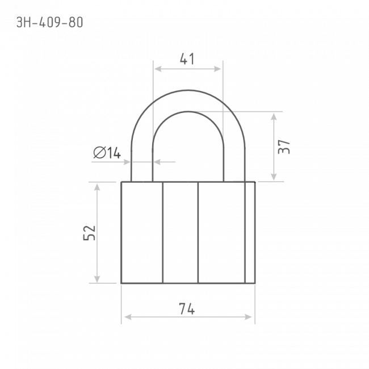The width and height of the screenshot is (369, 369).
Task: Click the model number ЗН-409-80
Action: pos(49,23)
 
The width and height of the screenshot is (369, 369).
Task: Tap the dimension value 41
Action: pos(187,59)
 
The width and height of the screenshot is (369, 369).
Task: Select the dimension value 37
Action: pos(284,147)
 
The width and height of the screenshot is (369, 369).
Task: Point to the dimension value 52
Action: pos(90,233)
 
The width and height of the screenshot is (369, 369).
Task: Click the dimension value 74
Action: pos(187,309)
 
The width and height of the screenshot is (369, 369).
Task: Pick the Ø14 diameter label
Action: pos(107,153)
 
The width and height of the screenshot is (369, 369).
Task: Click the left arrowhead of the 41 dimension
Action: pos(158,69)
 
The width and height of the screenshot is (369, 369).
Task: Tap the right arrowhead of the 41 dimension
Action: pos(217,69)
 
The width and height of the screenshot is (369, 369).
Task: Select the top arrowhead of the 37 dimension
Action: pos(274,117)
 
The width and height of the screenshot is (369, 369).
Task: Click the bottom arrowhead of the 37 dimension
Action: pos(274,177)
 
